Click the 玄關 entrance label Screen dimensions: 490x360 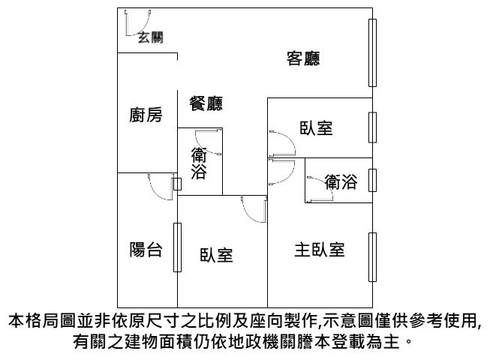[151, 37]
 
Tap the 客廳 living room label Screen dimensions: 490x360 [303, 58]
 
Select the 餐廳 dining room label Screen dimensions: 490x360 [206, 103]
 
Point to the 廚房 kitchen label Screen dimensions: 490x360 [146, 115]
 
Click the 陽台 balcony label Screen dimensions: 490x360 [146, 250]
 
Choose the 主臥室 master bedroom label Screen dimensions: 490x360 [320, 250]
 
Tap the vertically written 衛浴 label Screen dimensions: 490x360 [199, 163]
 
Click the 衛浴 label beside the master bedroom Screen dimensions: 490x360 [341, 182]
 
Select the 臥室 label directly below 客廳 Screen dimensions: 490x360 [316, 127]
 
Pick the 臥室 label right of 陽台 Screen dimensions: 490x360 [216, 255]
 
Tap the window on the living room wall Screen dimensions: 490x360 [372, 52]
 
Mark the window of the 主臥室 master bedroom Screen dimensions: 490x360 [372, 257]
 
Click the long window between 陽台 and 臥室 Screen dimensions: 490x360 [177, 247]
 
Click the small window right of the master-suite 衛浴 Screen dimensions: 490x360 [372, 180]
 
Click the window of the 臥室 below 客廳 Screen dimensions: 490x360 [372, 127]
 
